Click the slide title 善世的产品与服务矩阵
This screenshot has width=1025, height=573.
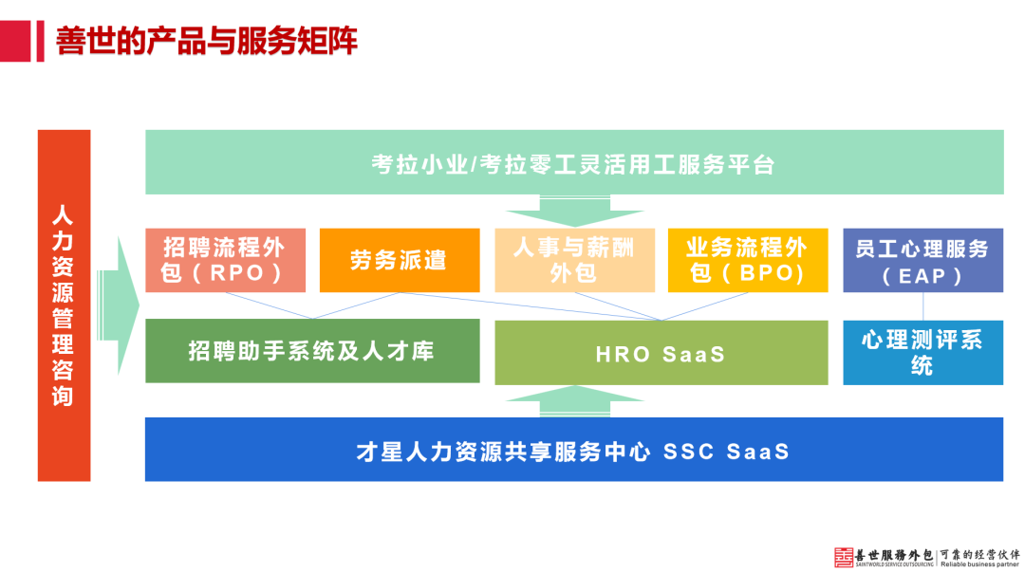pos(206,42)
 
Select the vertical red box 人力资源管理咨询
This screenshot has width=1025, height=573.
pos(64,305)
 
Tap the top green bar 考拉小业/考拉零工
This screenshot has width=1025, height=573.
pos(573,164)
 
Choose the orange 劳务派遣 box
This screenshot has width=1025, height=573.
pos(399,260)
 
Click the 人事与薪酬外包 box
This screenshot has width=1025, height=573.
pos(573,260)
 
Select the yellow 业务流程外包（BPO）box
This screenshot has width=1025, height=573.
pos(747,260)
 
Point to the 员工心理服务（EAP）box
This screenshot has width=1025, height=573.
pos(922,260)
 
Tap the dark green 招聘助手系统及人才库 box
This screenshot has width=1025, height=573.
pos(311,351)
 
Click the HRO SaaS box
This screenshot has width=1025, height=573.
pos(661,353)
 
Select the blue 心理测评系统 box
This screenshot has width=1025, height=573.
pos(922,353)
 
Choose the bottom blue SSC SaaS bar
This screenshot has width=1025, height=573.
pos(573,451)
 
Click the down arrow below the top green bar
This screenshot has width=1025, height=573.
pos(573,211)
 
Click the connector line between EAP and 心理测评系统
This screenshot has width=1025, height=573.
pos(923,306)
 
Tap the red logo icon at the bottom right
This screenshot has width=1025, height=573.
pos(844,558)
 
